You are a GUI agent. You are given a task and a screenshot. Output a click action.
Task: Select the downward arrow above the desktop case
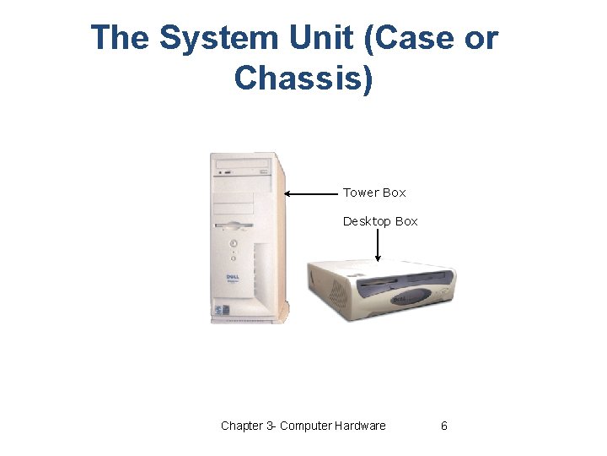(378, 246)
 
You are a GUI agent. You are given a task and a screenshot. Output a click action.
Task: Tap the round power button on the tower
(233, 242)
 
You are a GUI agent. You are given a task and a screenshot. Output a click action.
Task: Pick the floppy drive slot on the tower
(234, 225)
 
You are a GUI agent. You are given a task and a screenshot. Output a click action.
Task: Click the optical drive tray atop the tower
(241, 163)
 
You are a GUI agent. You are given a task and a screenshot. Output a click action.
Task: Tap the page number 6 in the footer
(444, 426)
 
